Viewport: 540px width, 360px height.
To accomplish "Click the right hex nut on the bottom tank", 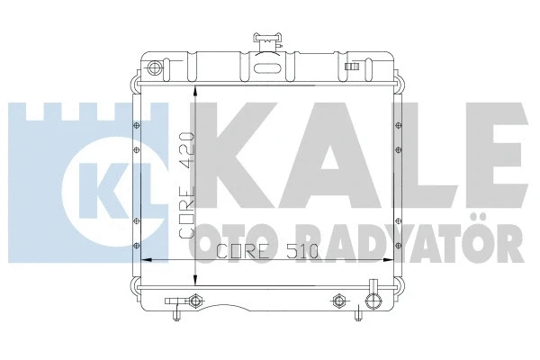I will click(339, 299).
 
